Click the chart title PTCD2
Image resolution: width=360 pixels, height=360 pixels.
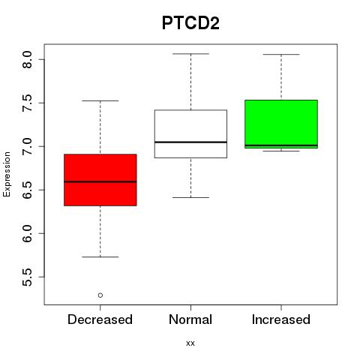tap(190, 23)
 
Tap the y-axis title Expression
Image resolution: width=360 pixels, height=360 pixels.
tap(7, 174)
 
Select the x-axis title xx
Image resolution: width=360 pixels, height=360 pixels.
tap(190, 343)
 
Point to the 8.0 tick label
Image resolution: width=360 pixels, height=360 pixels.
tap(27, 59)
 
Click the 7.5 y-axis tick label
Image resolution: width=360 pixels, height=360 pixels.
tap(27, 103)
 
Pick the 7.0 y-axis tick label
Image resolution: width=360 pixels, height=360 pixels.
tap(27, 146)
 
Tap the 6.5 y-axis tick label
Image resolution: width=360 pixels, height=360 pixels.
tap(27, 190)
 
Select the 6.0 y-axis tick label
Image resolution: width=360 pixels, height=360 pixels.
tap(27, 233)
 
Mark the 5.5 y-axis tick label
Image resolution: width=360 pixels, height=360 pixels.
tap(27, 277)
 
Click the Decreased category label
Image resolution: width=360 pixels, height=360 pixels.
tap(100, 319)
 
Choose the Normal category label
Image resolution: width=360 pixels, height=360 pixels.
tap(190, 319)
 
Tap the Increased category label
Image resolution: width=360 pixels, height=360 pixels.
tap(281, 319)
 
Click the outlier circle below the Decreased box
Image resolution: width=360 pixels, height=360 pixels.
tap(100, 295)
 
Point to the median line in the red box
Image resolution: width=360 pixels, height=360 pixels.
tap(100, 181)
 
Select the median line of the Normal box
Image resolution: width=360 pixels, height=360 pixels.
tap(190, 142)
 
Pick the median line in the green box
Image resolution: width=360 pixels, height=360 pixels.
tap(281, 145)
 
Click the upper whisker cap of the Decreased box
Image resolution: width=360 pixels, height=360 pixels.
tap(100, 100)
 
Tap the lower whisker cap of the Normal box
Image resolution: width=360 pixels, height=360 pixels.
tap(190, 197)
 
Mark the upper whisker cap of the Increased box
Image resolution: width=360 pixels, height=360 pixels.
tap(281, 54)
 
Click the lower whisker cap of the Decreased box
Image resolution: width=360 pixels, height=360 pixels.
tap(100, 256)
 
